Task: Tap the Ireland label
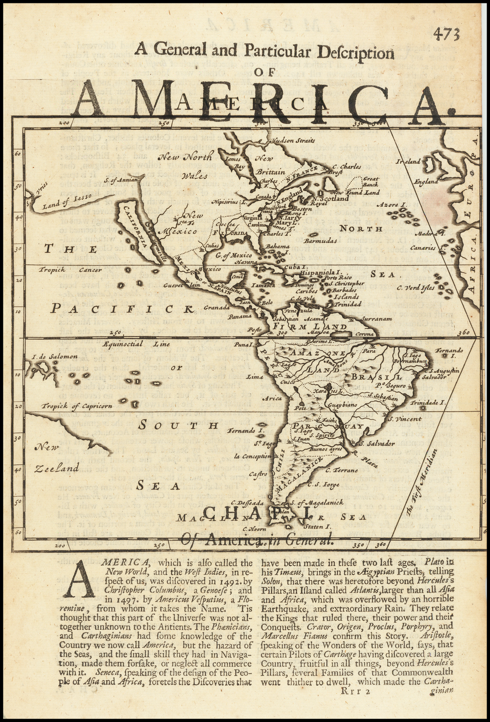click(408, 162)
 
